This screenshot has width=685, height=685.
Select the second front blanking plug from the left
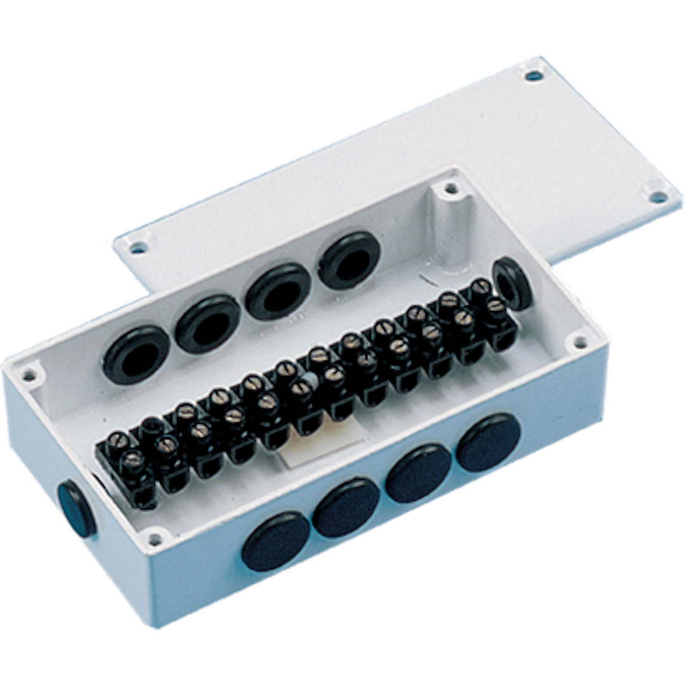click(x=346, y=508)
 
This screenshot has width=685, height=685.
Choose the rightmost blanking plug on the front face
click(x=488, y=441)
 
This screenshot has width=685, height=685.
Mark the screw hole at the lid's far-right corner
click(x=656, y=195)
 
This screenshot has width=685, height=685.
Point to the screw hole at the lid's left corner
click(x=136, y=249)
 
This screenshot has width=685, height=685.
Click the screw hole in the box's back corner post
click(x=450, y=188)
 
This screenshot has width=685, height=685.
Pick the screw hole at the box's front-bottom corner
click(x=152, y=539)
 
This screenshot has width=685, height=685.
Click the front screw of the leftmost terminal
click(x=133, y=457)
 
